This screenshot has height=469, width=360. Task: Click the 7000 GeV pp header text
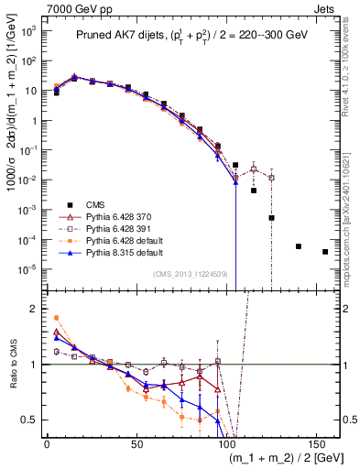38,7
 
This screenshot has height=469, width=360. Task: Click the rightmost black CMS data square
325,252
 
